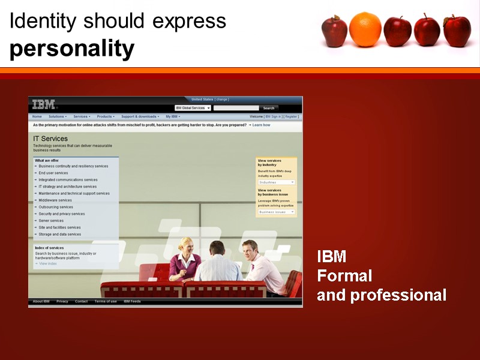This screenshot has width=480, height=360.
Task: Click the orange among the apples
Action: coord(365,29)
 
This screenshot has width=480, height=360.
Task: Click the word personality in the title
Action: coord(72,49)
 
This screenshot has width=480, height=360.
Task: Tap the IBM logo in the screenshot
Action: coord(44,104)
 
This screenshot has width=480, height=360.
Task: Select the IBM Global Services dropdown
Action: coord(193,108)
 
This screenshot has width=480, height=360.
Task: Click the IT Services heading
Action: coord(50,139)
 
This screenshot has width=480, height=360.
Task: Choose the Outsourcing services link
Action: coord(56,207)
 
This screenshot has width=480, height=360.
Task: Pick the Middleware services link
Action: coord(55,200)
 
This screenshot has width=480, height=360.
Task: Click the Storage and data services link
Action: coord(59,234)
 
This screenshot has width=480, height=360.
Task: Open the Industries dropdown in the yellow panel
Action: coord(277,182)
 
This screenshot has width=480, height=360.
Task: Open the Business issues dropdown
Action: coord(277,212)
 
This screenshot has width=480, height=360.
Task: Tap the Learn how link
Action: coord(261,125)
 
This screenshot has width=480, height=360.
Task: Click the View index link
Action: coord(47,263)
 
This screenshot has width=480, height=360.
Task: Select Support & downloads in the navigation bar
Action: coord(139,116)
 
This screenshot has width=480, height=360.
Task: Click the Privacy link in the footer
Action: coord(62,301)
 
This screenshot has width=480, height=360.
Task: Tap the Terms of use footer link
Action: coord(106,301)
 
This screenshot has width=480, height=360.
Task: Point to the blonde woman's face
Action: coord(186,245)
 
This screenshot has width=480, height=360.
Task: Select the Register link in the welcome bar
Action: coord(292,116)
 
